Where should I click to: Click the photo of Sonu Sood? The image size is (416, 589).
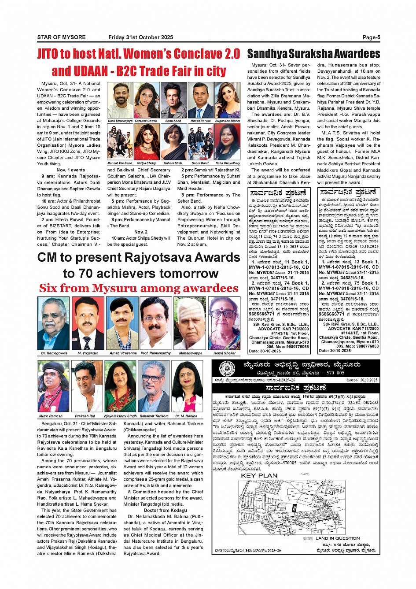173,100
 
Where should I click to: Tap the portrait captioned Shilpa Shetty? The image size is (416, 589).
147,142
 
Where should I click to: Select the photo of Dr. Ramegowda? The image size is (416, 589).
54,323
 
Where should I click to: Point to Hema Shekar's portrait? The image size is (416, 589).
224,323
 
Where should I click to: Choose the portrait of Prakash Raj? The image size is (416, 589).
87,386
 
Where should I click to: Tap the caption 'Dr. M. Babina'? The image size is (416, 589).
186,416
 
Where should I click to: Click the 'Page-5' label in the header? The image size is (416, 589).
371,37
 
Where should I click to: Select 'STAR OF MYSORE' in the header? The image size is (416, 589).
61,37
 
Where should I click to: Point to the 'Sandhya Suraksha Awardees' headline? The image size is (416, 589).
313,54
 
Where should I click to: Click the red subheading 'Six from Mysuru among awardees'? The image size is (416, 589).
139,288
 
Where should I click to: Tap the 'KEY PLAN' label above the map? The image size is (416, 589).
259,476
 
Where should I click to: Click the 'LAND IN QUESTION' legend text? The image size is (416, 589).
337,538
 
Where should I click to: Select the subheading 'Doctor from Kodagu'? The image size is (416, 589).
166,510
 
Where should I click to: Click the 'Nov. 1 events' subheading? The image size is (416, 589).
70,170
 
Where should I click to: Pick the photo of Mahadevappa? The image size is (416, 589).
190,323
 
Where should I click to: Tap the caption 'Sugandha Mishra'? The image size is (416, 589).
228,121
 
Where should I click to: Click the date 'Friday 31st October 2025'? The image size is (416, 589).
140,37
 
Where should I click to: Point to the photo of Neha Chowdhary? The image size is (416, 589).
228,142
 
